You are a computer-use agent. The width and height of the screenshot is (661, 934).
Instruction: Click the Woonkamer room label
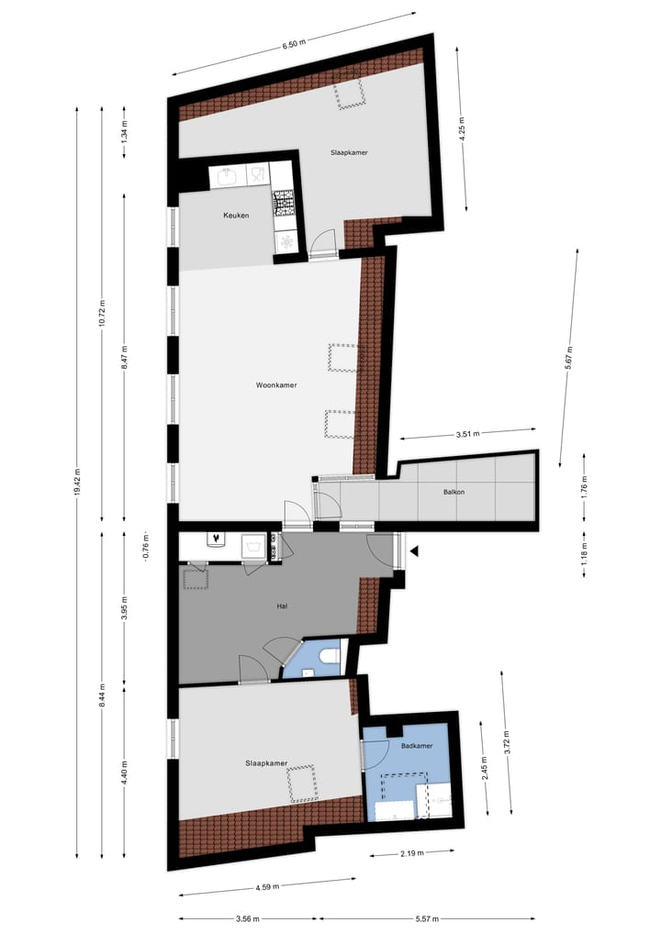point(275,386)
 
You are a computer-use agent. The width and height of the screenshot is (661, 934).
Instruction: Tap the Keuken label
point(236,216)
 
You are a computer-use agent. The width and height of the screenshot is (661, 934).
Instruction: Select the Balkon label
point(454,493)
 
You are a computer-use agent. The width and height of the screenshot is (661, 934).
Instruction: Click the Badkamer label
point(417,746)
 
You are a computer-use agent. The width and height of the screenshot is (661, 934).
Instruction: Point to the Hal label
point(283,606)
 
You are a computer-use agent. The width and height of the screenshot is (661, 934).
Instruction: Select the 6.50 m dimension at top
point(292,43)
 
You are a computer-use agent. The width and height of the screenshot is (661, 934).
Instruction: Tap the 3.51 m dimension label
point(467,432)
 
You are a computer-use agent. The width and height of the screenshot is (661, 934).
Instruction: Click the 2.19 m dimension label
point(413,853)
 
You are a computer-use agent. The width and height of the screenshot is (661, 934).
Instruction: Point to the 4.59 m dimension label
point(267,886)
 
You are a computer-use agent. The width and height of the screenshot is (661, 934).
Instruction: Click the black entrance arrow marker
point(415,551)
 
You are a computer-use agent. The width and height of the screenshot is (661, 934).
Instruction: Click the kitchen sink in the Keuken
point(228,175)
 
